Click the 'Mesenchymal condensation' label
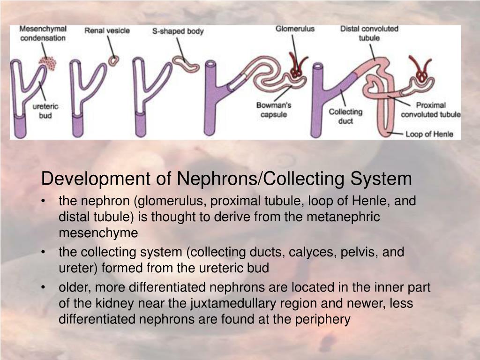pos(43,33)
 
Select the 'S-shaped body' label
pos(178,31)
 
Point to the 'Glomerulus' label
pos(295,29)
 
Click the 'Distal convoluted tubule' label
pos(369,33)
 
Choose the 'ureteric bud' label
pos(45,111)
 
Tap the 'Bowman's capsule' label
pos(274,110)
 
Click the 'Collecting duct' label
pos(345,116)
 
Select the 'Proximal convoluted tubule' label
pos(431,110)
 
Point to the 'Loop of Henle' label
pos(429,134)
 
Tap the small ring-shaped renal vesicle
pos(112,60)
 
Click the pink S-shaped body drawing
pos(185,63)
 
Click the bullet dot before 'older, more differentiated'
pos(44,287)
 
